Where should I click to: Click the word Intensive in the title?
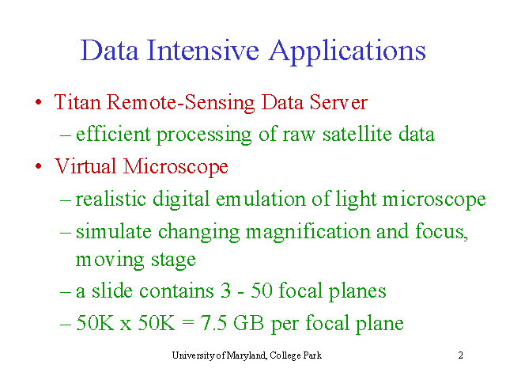(202, 50)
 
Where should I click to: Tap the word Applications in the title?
(347, 52)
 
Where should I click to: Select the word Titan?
(77, 102)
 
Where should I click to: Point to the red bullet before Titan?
(39, 102)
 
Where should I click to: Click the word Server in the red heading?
(338, 102)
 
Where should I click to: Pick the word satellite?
(357, 134)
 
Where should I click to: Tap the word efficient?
(113, 134)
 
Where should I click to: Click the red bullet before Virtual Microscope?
(39, 166)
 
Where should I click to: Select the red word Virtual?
(85, 166)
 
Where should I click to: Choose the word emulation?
(261, 199)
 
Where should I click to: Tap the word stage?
(173, 260)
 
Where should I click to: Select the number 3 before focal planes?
(225, 291)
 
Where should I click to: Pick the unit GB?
(248, 322)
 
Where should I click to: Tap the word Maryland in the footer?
(247, 355)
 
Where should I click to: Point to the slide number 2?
(460, 355)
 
